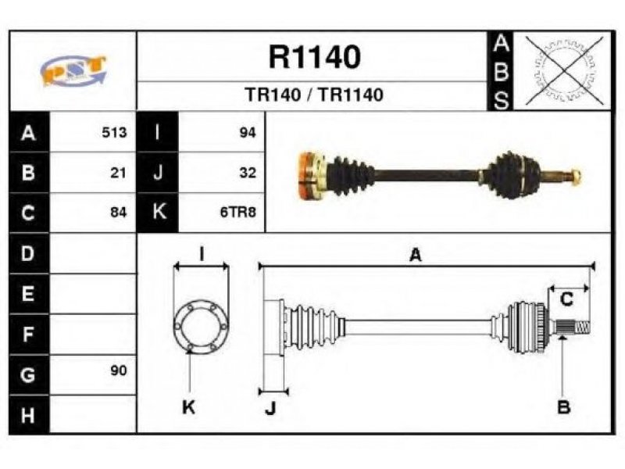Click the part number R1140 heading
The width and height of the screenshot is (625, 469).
point(315,56)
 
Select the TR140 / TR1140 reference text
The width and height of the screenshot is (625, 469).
point(314,95)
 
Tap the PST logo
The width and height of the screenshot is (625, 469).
point(73,70)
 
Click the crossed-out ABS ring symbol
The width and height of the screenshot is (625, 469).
point(564,71)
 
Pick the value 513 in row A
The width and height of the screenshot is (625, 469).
point(114,132)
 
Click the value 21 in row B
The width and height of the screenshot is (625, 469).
point(118,173)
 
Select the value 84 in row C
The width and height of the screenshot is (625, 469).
point(119,212)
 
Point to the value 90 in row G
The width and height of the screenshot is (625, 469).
point(119,371)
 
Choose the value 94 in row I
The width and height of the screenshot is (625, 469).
point(247,132)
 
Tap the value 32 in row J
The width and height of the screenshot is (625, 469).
point(247,173)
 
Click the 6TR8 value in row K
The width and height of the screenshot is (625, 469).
point(238,212)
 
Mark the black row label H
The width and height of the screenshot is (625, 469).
point(28,415)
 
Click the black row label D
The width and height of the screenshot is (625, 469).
point(28,253)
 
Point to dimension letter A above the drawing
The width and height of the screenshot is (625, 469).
point(416,255)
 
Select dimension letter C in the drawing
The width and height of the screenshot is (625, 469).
point(566,299)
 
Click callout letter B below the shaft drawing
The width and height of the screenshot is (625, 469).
point(563,407)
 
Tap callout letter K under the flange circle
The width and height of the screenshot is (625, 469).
point(188,407)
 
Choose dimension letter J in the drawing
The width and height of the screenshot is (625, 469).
point(270,407)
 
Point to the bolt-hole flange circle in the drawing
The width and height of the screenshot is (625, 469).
point(174,327)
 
